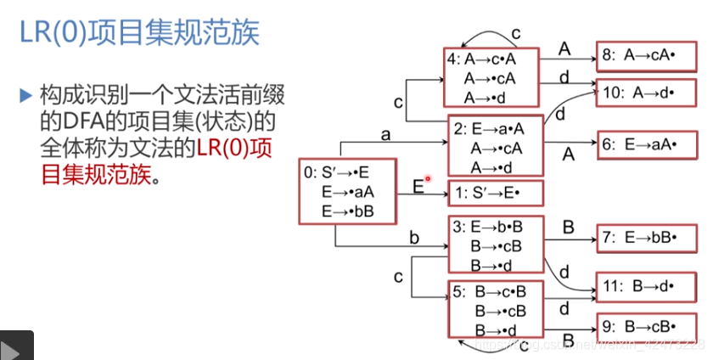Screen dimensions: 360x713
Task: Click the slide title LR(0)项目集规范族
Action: [x=139, y=33]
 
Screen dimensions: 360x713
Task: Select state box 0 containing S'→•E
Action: [x=347, y=192]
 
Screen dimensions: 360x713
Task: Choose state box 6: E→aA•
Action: [x=649, y=144]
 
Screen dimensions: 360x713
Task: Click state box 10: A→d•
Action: [x=649, y=93]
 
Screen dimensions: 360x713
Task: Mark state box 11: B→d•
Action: [x=649, y=288]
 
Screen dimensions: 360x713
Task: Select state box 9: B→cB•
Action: [x=649, y=325]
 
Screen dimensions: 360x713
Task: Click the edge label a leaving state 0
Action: [x=385, y=134]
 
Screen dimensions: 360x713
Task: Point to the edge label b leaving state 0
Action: [x=414, y=238]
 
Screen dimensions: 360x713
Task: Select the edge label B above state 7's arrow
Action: [x=569, y=225]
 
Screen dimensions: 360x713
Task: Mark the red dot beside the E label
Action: [x=429, y=178]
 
